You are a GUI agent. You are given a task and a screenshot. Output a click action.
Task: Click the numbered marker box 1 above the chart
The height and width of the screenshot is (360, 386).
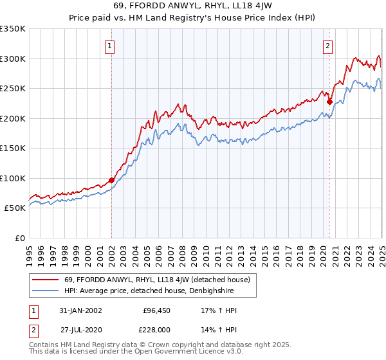pyautogui.click(x=111, y=46)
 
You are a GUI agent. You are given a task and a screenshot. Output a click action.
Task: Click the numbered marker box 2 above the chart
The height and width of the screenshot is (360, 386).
pyautogui.click(x=328, y=46)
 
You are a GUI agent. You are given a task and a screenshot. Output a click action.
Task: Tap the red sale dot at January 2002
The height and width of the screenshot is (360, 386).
pyautogui.click(x=111, y=181)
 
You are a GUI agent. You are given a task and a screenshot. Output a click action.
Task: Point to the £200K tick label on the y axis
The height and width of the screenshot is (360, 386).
pyautogui.click(x=13, y=118)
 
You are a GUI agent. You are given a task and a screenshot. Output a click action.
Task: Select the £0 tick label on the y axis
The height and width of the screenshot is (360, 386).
pyautogui.click(x=20, y=238)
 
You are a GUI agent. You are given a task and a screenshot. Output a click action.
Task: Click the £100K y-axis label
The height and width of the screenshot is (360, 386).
pyautogui.click(x=13, y=178)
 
